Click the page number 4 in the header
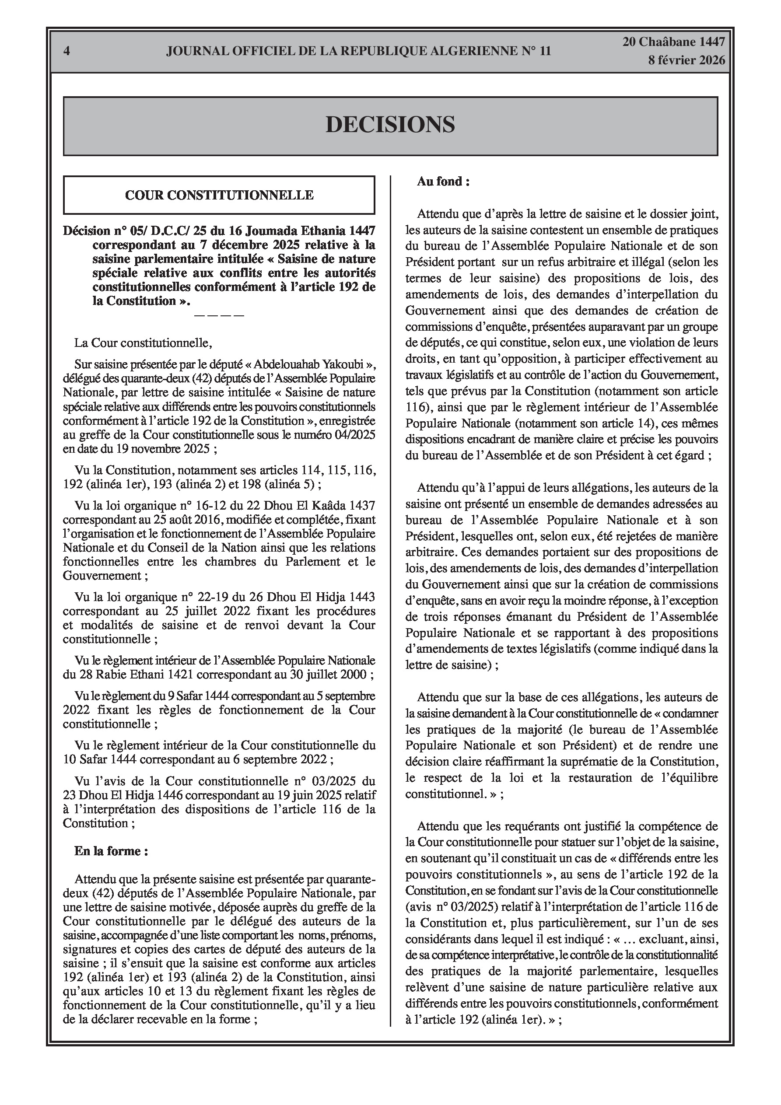tap(67, 51)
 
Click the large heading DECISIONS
tap(390, 125)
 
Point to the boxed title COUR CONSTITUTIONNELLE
tap(219, 195)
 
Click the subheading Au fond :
tap(443, 182)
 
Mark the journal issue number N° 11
tap(536, 51)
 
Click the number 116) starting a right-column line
tap(417, 407)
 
